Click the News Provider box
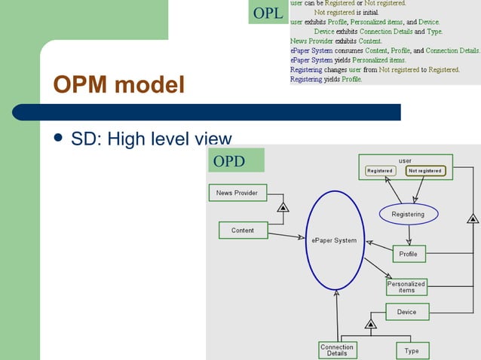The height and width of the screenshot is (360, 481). click(x=237, y=193)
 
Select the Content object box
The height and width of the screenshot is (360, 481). click(x=243, y=230)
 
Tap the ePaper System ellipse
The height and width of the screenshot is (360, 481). click(x=335, y=240)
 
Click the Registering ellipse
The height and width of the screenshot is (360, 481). click(x=408, y=214)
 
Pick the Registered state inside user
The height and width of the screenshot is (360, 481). click(x=380, y=171)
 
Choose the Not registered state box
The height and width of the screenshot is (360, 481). click(x=425, y=171)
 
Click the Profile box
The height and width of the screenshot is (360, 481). click(x=408, y=255)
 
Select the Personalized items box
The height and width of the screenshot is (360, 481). click(x=406, y=287)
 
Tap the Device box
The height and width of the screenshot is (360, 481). click(x=406, y=311)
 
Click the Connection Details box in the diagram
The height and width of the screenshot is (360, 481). click(x=337, y=350)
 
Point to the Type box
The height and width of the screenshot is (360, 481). click(x=412, y=351)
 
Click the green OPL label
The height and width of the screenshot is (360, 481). click(x=268, y=13)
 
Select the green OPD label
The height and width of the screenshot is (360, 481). click(x=235, y=160)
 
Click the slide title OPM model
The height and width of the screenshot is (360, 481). click(x=118, y=85)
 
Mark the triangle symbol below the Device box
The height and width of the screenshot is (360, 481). click(x=370, y=324)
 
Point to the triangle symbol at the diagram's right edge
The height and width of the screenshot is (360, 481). click(x=473, y=219)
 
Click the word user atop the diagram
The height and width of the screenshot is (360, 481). click(x=405, y=160)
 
